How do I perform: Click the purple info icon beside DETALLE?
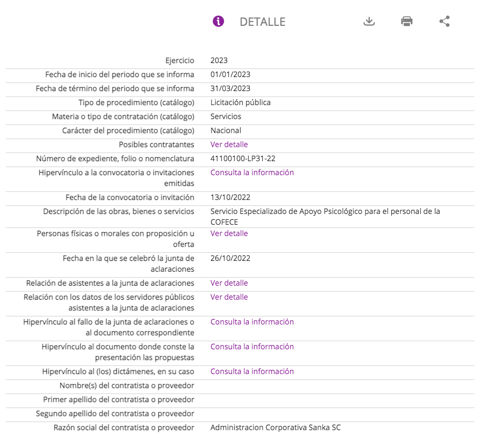[x=218, y=22]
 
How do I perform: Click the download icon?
[x=369, y=22]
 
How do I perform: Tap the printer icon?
[x=406, y=22]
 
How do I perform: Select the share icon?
[x=444, y=22]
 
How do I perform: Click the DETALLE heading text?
[x=262, y=22]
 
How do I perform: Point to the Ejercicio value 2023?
[x=219, y=60]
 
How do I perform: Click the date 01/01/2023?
[x=230, y=74]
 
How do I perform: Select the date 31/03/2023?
[x=230, y=88]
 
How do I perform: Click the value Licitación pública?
[x=241, y=102]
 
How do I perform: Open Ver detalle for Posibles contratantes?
[x=229, y=144]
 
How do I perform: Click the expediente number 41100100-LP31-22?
[x=243, y=158]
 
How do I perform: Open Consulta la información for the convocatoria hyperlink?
[x=252, y=172]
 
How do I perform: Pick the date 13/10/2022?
[x=230, y=197]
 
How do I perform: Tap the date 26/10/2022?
[x=230, y=258]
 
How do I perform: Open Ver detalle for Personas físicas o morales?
[x=229, y=233]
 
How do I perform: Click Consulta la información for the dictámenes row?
[x=252, y=371]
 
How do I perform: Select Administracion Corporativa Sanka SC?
[x=276, y=427]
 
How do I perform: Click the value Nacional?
[x=226, y=130]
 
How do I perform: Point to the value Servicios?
[x=226, y=116]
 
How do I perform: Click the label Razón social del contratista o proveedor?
[x=124, y=427]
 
